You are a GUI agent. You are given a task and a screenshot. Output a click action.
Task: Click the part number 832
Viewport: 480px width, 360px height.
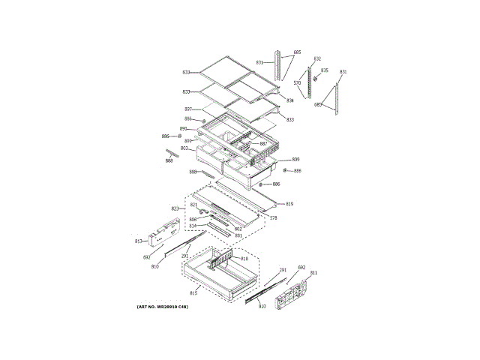(317, 58)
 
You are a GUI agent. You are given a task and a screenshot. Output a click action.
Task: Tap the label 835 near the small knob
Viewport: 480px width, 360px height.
(325, 70)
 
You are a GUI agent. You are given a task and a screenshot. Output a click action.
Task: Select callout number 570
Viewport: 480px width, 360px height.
(297, 83)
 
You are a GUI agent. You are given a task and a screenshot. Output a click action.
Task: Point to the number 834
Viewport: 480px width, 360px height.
(290, 100)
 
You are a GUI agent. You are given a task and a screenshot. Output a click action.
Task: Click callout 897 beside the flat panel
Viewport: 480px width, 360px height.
(188, 109)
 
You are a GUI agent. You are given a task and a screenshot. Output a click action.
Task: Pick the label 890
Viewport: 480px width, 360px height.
(183, 129)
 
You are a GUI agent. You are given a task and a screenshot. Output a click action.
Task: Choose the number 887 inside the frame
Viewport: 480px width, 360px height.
(263, 143)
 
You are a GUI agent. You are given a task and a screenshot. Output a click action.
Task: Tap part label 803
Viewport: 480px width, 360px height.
(184, 148)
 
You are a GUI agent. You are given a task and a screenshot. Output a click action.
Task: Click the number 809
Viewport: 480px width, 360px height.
(295, 160)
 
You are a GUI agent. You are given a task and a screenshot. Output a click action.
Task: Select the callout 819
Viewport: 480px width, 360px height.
(289, 203)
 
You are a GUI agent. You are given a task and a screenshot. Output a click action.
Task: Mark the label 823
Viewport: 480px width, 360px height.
(175, 208)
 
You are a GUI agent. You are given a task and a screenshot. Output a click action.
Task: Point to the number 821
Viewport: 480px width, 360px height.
(193, 205)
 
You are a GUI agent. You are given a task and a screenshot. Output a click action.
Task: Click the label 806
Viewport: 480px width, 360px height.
(193, 219)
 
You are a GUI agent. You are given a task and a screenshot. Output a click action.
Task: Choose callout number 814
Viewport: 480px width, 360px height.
(193, 226)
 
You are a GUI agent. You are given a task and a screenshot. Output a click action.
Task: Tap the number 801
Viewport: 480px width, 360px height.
(238, 235)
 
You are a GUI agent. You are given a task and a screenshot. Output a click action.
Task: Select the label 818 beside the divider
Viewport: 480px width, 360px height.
(244, 259)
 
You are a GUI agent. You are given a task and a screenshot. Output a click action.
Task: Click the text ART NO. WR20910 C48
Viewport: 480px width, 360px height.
(163, 307)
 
